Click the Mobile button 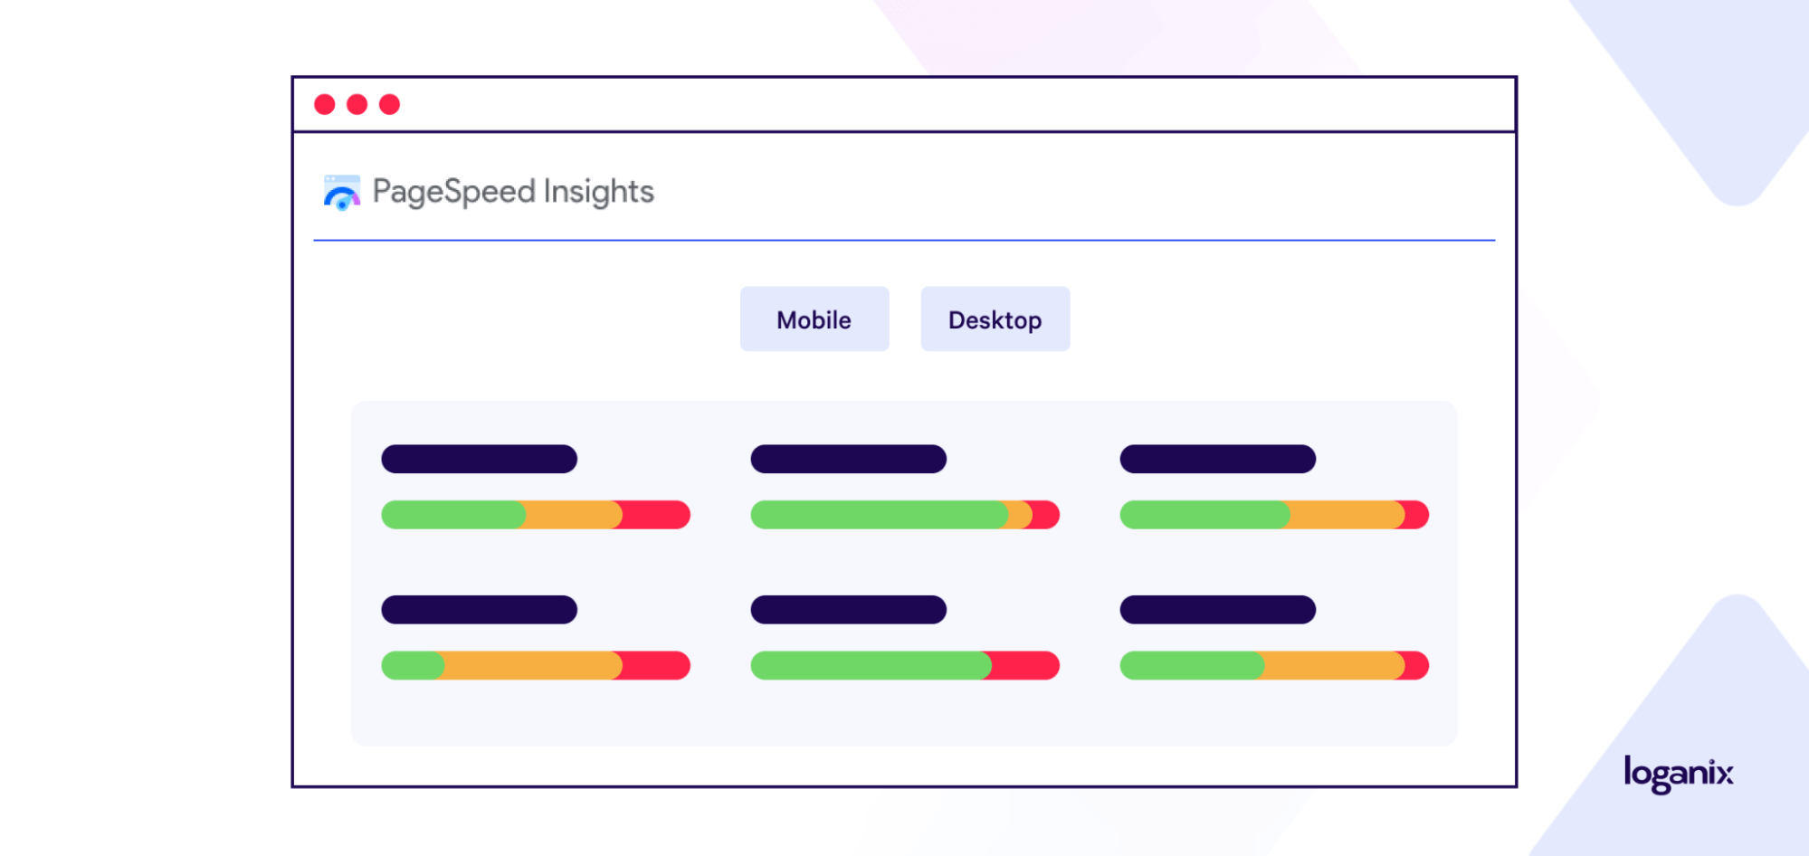pyautogui.click(x=814, y=319)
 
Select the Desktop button pyautogui.click(x=995, y=319)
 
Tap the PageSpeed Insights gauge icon pyautogui.click(x=342, y=193)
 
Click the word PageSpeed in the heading pyautogui.click(x=454, y=192)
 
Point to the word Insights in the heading pyautogui.click(x=599, y=191)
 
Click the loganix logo pyautogui.click(x=1679, y=774)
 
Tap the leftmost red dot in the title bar pyautogui.click(x=325, y=104)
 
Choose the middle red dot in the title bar pyautogui.click(x=357, y=104)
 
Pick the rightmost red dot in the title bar pyautogui.click(x=390, y=104)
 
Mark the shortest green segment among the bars pyautogui.click(x=413, y=665)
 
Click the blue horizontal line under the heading pyautogui.click(x=904, y=241)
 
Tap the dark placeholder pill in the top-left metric pyautogui.click(x=480, y=459)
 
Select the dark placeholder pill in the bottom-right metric pyautogui.click(x=1218, y=610)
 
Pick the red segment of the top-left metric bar pyautogui.click(x=655, y=515)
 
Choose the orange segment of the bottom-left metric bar pyautogui.click(x=532, y=665)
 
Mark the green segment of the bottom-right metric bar pyautogui.click(x=1192, y=665)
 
